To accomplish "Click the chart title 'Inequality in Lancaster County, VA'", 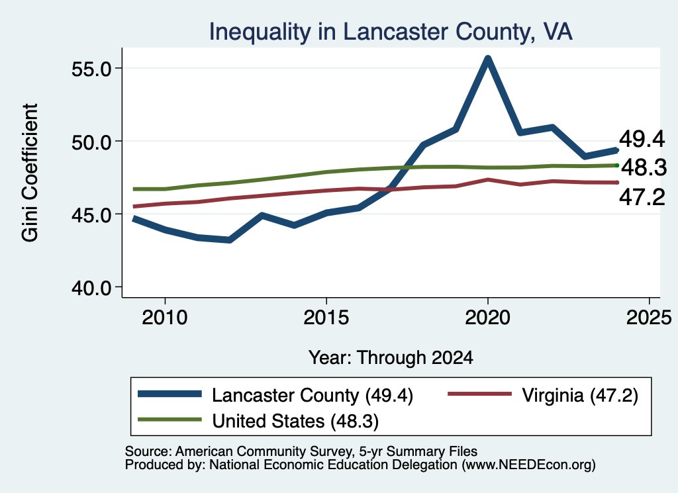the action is (x=391, y=32).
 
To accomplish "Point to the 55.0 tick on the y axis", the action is (x=91, y=69).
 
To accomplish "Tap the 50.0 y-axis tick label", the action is (x=91, y=142).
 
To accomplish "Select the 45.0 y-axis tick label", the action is (x=91, y=215).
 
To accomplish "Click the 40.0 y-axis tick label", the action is (x=91, y=288).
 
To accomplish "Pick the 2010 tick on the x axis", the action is (x=165, y=318).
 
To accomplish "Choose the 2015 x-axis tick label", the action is (x=326, y=318).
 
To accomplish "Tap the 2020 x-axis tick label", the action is (x=488, y=318).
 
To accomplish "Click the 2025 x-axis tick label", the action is (x=649, y=318).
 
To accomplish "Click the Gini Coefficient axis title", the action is (x=30, y=173).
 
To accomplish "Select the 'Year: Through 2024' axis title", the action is (x=391, y=358).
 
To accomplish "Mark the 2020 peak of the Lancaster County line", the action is (x=488, y=58).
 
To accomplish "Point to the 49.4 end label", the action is (x=642, y=139).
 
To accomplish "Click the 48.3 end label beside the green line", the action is (x=644, y=167).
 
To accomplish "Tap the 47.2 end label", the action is (x=642, y=197).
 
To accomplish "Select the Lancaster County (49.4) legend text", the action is (x=313, y=395).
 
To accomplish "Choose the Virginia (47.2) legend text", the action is (x=580, y=395).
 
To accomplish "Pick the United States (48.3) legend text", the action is (x=295, y=422).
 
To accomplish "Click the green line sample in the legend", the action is (x=169, y=420).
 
